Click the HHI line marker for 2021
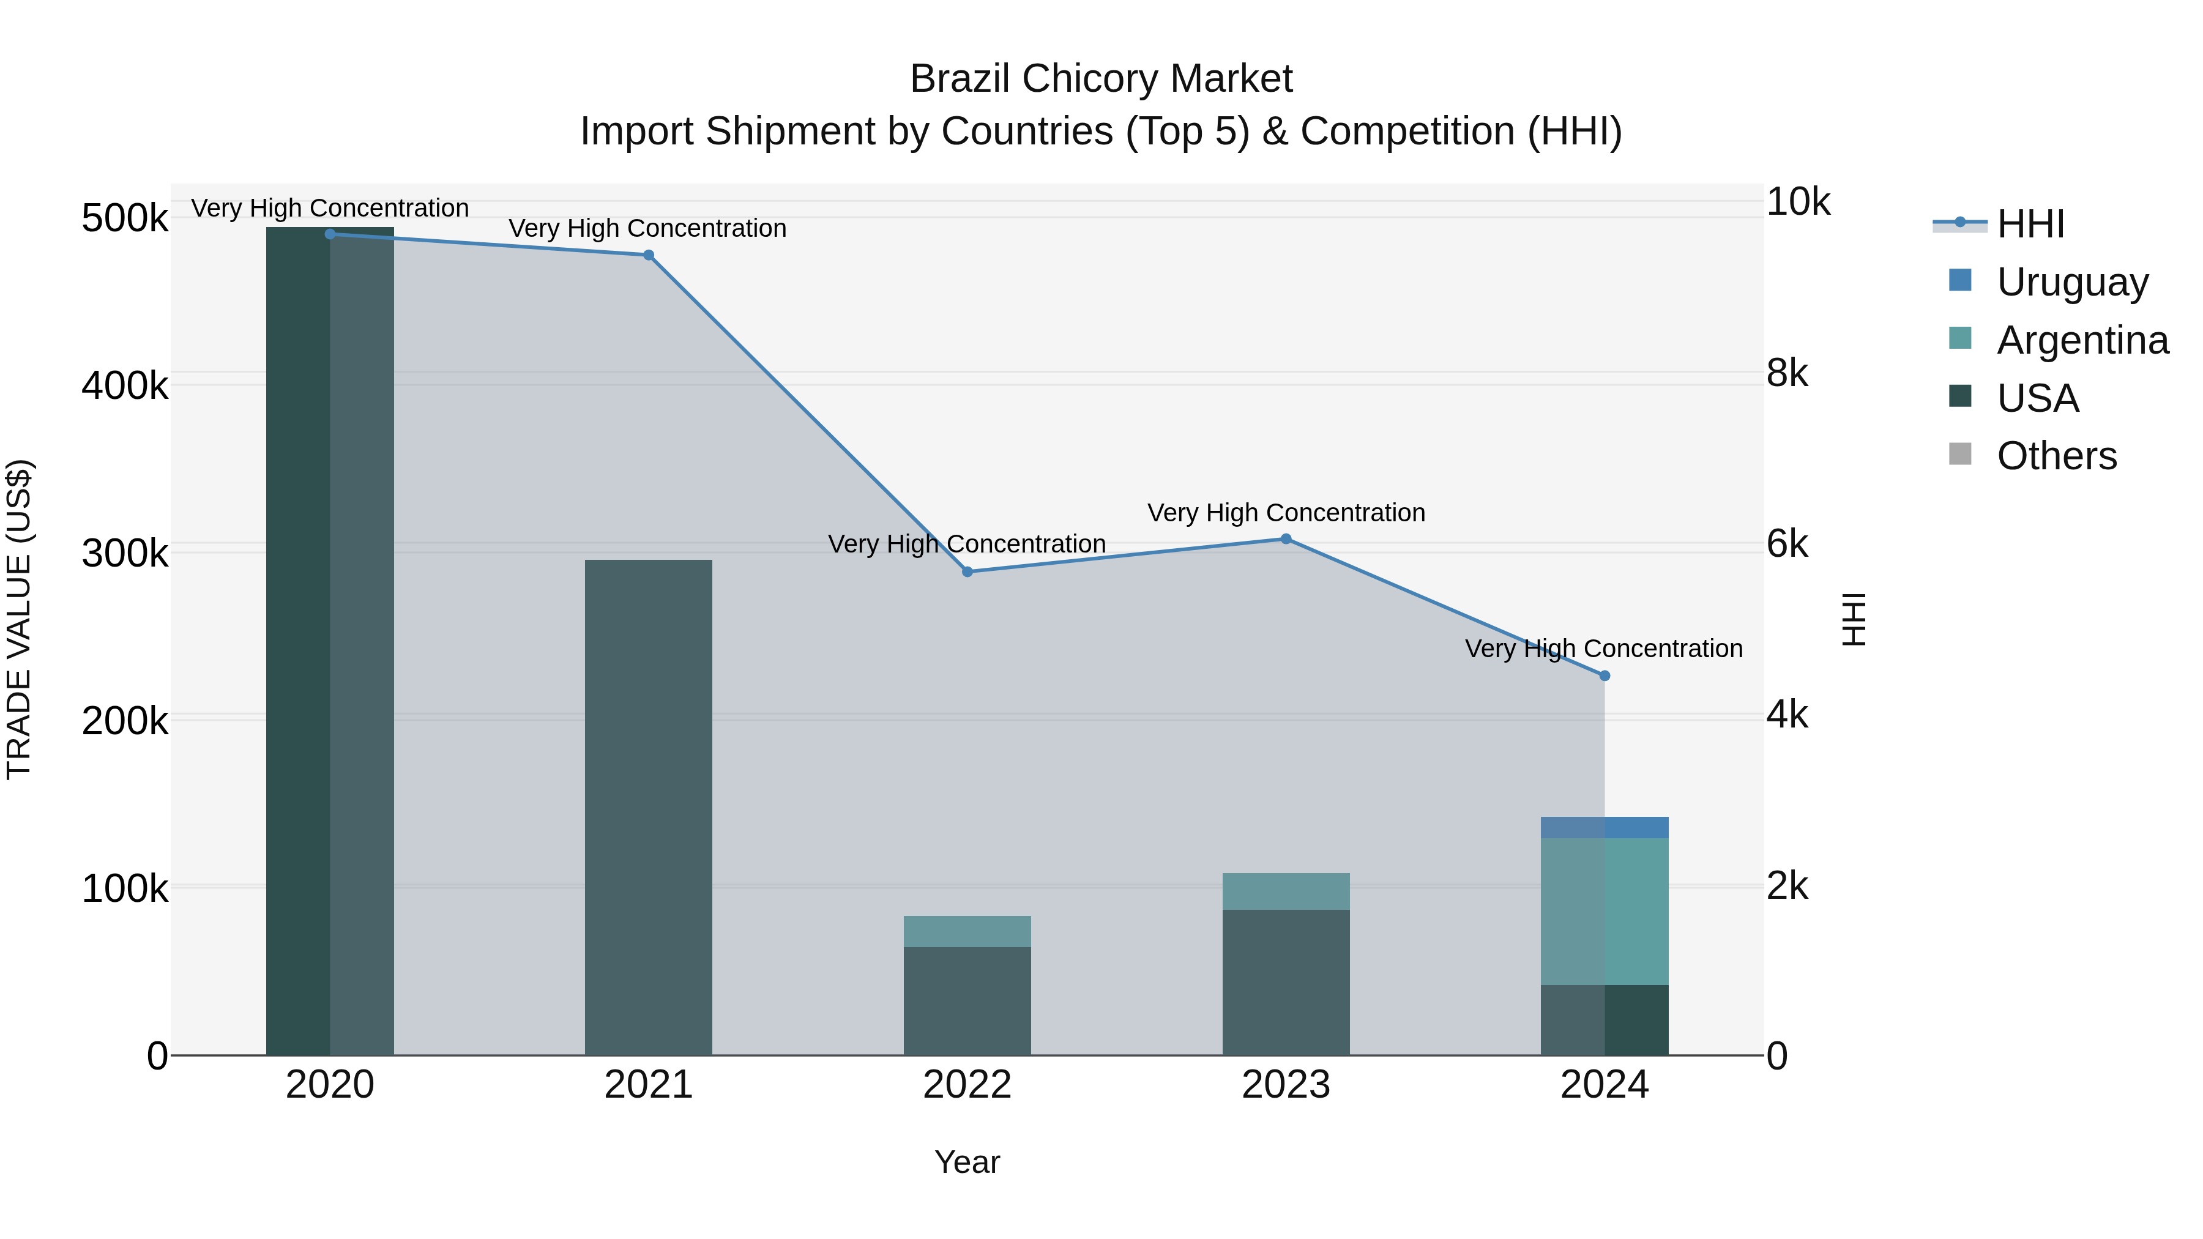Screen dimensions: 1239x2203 pos(648,255)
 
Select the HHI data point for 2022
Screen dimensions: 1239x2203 pos(967,571)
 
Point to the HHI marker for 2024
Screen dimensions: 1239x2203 pos(1605,675)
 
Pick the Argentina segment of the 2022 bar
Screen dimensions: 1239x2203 pos(967,931)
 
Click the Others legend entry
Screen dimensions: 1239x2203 pos(2056,456)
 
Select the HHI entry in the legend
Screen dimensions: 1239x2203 pos(2030,224)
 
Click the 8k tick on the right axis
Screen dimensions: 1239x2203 pos(1787,374)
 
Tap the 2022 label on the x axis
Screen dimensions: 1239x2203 pos(967,1085)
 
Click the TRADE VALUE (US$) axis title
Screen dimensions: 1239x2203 pos(19,619)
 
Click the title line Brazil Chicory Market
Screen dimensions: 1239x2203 pos(1101,79)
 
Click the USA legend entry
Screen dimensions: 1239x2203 pos(2037,398)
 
